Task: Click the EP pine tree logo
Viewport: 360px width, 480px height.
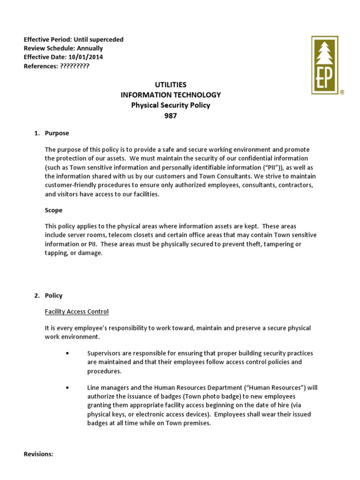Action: click(325, 65)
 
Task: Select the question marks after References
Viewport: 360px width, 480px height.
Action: click(75, 66)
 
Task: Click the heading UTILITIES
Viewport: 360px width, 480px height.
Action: click(171, 85)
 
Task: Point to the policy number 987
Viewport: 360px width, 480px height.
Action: click(171, 116)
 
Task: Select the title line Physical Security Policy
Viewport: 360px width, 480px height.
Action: click(171, 105)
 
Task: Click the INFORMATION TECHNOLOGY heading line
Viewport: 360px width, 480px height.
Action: click(171, 95)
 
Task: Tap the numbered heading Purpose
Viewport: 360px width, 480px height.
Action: click(57, 133)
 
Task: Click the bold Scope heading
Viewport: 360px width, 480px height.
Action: click(53, 210)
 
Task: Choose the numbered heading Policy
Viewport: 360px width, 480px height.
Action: click(53, 296)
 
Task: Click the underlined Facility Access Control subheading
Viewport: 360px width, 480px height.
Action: click(77, 312)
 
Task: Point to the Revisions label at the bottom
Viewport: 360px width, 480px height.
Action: click(38, 454)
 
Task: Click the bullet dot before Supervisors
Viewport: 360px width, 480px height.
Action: click(68, 353)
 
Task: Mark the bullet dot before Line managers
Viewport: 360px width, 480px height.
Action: click(68, 388)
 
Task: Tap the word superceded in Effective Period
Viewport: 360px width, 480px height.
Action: click(107, 39)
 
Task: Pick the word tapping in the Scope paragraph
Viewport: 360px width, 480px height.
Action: click(56, 253)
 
